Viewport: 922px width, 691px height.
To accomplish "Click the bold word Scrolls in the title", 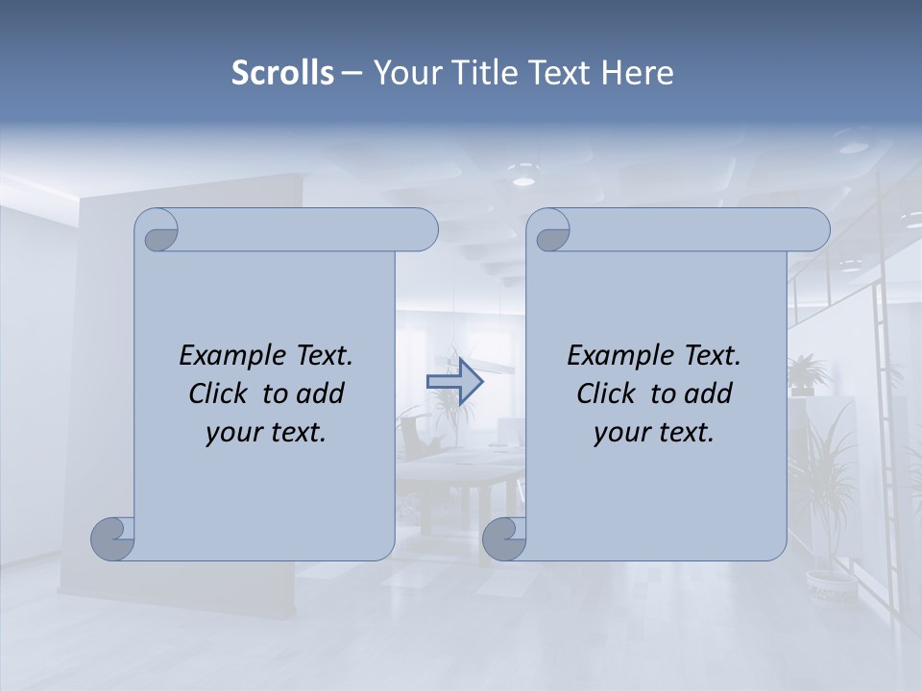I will [282, 73].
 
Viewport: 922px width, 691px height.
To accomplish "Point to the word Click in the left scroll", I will [220, 393].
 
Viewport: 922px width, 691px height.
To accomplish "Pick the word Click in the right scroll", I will [607, 393].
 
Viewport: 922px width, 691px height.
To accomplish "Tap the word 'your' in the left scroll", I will [233, 433].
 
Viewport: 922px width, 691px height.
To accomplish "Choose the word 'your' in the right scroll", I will [621, 433].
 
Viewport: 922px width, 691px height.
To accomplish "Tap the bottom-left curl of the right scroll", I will [503, 538].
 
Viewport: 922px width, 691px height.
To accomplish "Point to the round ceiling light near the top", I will [522, 179].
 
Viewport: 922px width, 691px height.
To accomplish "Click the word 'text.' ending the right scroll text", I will [689, 433].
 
